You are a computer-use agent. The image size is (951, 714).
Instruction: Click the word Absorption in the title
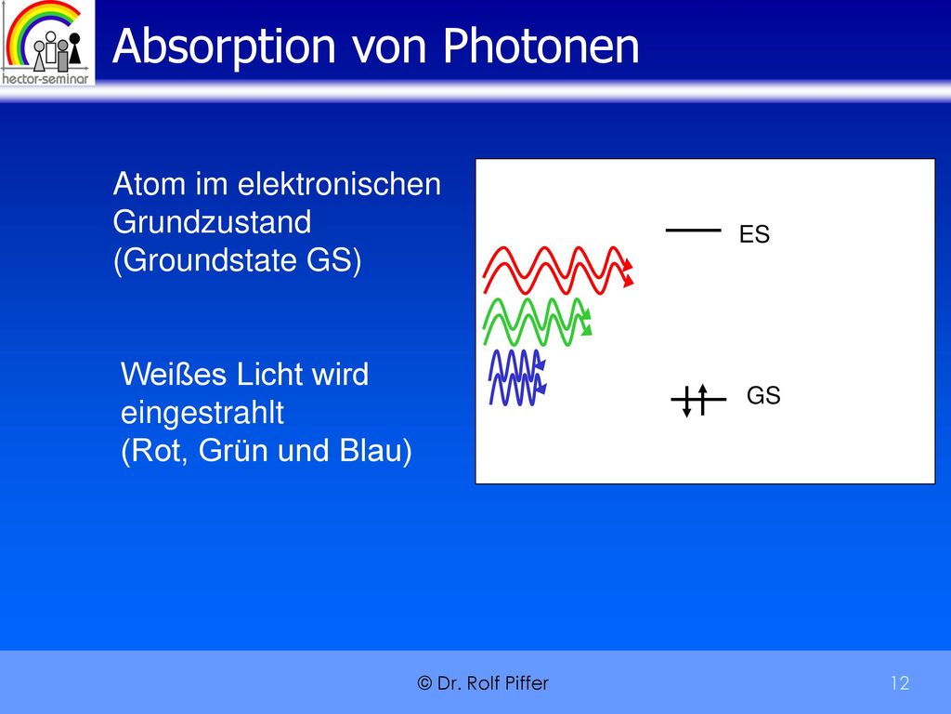(224, 47)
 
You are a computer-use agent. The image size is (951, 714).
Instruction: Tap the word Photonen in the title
(541, 46)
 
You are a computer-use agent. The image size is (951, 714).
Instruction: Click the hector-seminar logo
(47, 43)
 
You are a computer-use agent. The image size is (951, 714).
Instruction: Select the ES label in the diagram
(754, 234)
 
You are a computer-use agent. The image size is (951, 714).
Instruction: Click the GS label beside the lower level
(763, 395)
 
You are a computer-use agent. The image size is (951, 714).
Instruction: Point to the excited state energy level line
(693, 231)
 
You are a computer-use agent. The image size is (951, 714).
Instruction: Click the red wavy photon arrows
(558, 271)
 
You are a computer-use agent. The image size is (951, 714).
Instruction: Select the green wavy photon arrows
(538, 322)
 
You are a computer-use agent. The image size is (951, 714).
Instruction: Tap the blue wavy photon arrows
(517, 377)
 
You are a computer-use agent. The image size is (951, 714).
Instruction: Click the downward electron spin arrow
(686, 402)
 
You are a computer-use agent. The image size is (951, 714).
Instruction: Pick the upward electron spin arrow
(702, 400)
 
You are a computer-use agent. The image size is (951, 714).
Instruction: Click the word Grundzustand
(212, 222)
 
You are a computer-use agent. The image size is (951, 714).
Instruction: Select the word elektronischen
(339, 184)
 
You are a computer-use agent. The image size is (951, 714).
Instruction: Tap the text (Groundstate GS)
(237, 261)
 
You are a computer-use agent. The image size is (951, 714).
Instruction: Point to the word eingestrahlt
(202, 414)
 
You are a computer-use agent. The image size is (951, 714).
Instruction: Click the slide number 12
(900, 683)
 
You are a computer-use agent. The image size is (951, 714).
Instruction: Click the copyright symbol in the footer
(424, 683)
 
